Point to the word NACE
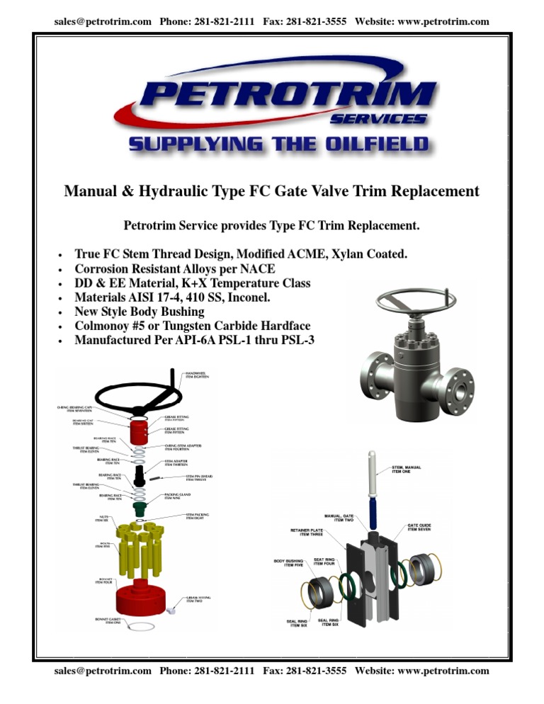point(256,269)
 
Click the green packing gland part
point(140,508)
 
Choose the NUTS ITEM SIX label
point(104,519)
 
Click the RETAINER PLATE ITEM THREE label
point(306,533)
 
